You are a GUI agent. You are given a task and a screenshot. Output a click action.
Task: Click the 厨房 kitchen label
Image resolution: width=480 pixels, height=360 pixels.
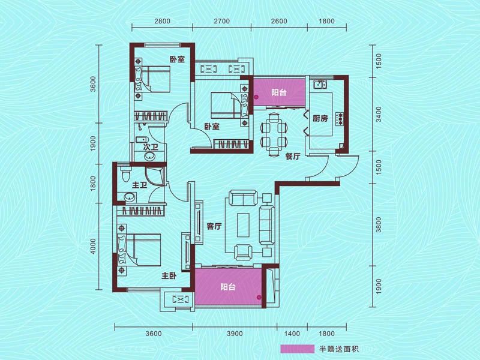(x=320, y=118)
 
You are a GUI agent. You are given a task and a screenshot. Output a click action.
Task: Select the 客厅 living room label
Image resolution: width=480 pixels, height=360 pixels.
(x=214, y=227)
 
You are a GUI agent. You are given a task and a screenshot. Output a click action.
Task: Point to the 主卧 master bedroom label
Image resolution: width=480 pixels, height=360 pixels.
(x=168, y=277)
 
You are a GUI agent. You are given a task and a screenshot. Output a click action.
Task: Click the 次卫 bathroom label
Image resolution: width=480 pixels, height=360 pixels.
(x=151, y=147)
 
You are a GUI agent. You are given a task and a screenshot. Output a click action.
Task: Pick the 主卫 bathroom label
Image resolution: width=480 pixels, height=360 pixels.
(x=140, y=185)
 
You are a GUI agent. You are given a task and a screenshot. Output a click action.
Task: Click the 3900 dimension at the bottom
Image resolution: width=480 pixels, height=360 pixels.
(x=235, y=334)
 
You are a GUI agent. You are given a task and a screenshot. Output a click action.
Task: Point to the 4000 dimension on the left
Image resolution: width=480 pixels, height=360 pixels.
(x=93, y=248)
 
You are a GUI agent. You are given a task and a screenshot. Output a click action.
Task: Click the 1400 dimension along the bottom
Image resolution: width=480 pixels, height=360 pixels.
(x=292, y=334)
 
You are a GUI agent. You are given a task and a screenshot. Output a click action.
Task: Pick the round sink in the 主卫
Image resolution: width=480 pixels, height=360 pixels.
(x=127, y=198)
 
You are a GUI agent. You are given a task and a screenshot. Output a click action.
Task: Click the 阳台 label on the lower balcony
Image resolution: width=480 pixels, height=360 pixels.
(x=227, y=287)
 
